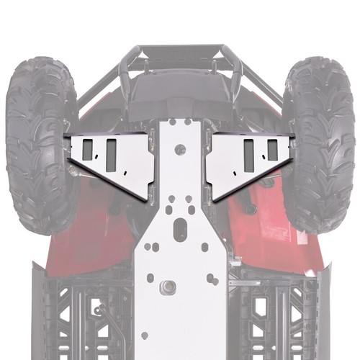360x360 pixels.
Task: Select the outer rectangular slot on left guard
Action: coord(87,149)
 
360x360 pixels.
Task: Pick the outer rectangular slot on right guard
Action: coord(272,149)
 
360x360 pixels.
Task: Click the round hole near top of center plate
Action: coord(180,150)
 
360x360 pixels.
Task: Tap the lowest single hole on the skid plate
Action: coord(145,335)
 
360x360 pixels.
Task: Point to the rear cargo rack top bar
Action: coord(180,50)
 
